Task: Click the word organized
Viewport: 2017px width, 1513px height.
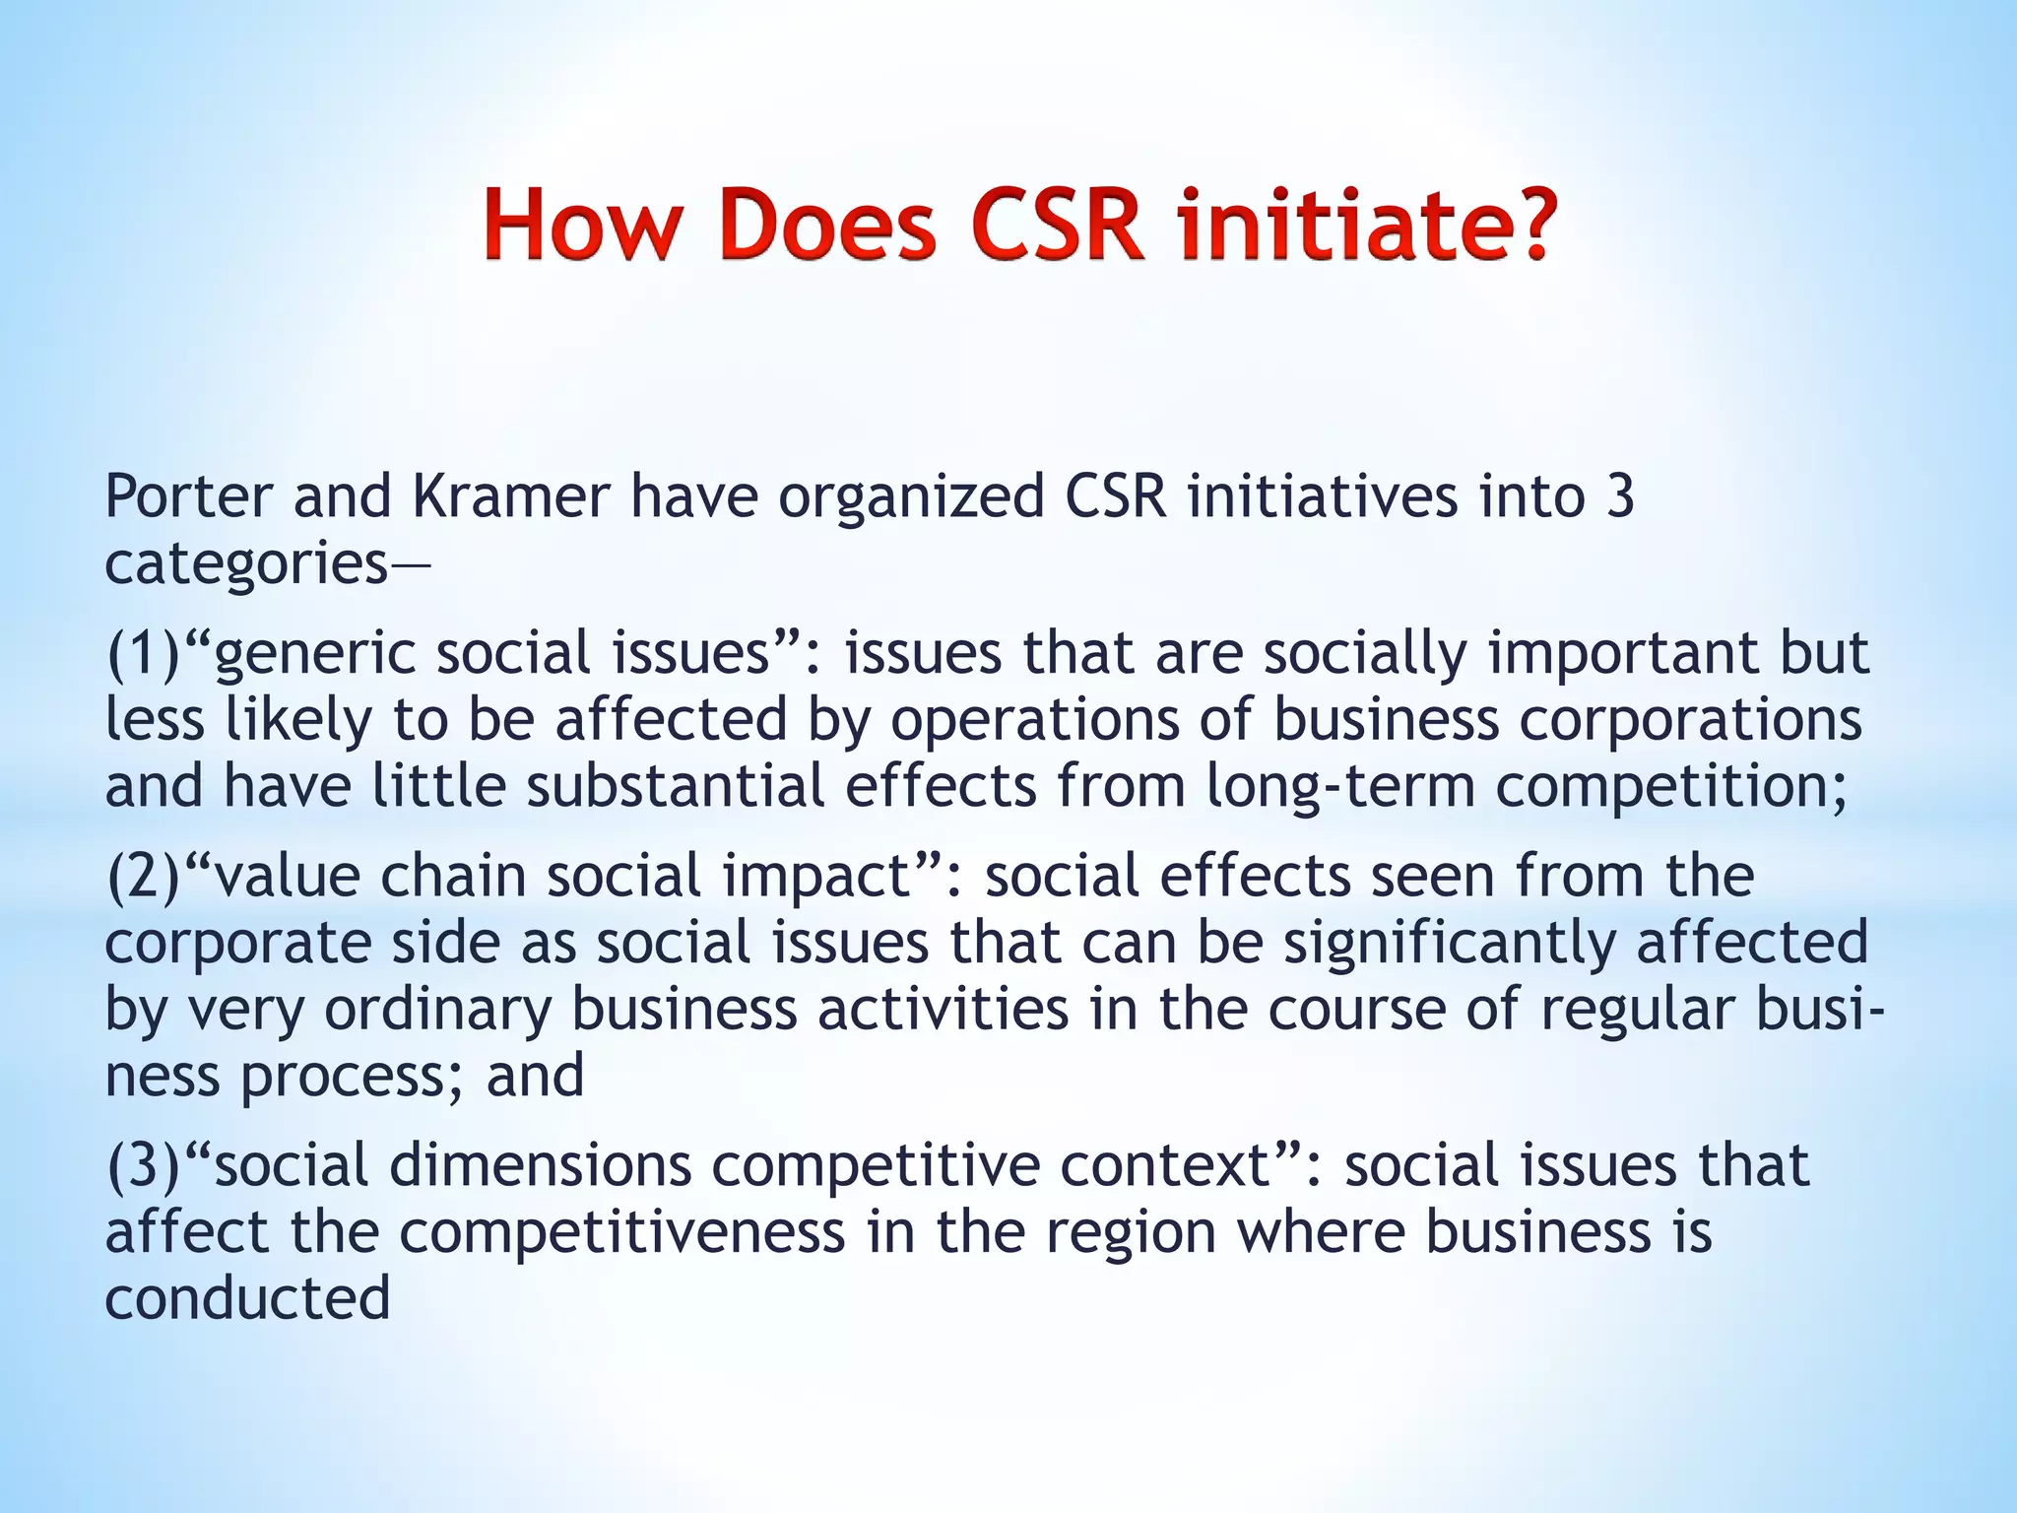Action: [911, 497]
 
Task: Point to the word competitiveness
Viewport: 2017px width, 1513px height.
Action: [622, 1232]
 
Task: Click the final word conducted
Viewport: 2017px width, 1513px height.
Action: [248, 1298]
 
